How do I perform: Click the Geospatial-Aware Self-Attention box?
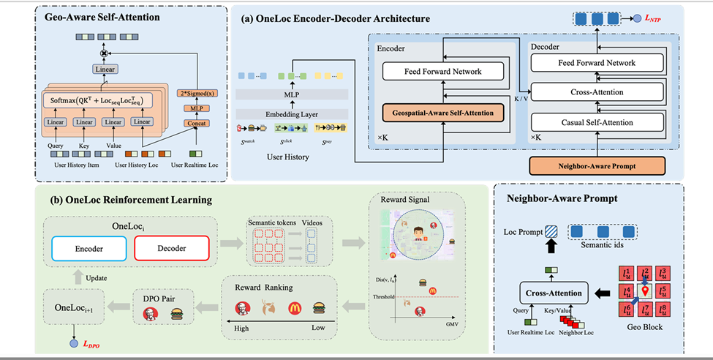(442, 113)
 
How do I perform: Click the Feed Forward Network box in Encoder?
(442, 72)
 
